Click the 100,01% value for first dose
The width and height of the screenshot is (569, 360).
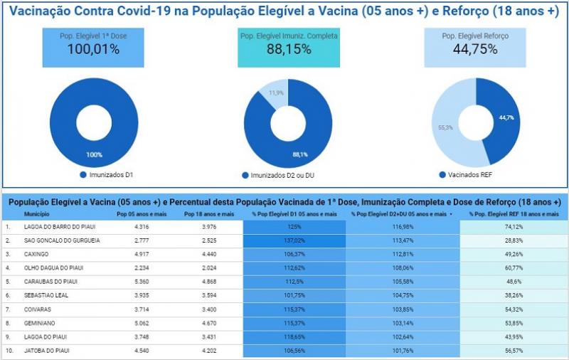93,49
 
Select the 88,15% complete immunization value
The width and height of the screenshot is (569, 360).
289,49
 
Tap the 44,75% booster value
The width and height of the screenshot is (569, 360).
476,49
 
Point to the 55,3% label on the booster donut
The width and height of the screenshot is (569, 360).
445,127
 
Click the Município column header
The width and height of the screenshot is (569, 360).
37,213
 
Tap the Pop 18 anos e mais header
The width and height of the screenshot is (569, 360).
208,213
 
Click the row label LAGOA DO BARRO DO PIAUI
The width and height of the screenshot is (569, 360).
60,227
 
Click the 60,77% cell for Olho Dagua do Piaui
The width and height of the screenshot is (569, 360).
514,268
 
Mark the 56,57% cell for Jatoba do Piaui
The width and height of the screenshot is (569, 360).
514,350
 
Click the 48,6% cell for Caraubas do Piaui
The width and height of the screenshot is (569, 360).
514,281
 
